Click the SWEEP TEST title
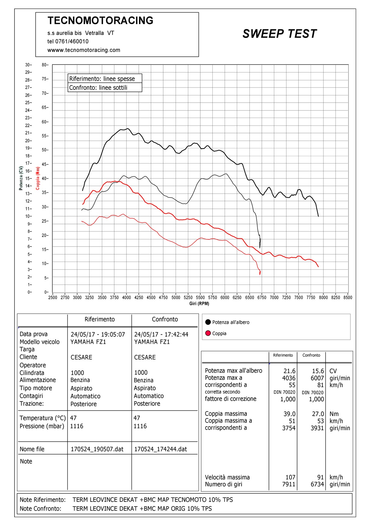pos(280,34)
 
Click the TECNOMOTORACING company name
pos(100,20)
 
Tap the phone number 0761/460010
pos(72,42)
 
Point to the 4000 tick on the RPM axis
pos(126,297)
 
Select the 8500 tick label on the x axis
pos(348,297)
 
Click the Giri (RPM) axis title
pos(199,303)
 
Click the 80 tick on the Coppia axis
pos(45,65)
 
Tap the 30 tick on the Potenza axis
pos(28,65)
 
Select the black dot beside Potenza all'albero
pos(208,322)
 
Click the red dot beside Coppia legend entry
pos(208,333)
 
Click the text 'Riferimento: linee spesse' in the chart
pos(102,79)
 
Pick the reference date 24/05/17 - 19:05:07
pos(98,334)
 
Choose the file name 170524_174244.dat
pos(160,449)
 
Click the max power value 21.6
pos(289,371)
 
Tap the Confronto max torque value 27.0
pos(318,414)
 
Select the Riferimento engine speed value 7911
pos(289,484)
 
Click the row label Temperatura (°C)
pos(43,418)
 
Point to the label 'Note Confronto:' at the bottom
pos(40,509)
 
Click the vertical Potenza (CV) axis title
pos(21,178)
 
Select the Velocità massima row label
pos(227,477)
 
